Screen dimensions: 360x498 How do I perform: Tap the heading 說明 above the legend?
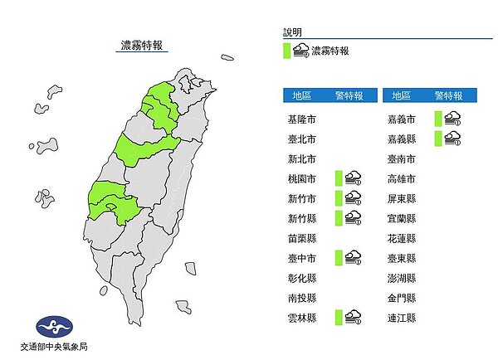pyautogui.click(x=293, y=32)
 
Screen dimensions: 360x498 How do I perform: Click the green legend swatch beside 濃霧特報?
pyautogui.click(x=287, y=51)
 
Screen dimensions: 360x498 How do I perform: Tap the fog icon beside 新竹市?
pyautogui.click(x=353, y=198)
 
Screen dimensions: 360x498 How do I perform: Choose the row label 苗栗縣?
pyautogui.click(x=298, y=238)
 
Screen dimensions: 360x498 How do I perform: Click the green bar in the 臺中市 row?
pyautogui.click(x=339, y=258)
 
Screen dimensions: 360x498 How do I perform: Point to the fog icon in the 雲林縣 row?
pyautogui.click(x=353, y=317)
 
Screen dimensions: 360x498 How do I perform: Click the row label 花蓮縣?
pyautogui.click(x=401, y=238)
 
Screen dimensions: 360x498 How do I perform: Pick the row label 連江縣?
pyautogui.click(x=401, y=318)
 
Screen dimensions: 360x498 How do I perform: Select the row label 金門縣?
pyautogui.click(x=401, y=298)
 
